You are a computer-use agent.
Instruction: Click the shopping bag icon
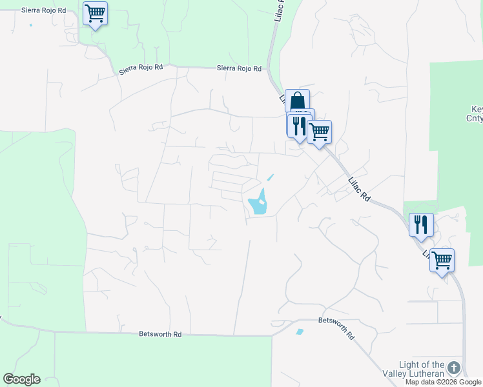pos(297,101)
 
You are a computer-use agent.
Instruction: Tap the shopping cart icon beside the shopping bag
pos(319,132)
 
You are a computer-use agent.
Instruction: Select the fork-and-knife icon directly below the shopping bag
pos(298,125)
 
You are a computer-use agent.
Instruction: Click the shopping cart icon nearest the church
pos(442,261)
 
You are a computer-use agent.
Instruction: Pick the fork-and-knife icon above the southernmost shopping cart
pos(421,224)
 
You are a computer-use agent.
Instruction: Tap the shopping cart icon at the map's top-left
pos(95,13)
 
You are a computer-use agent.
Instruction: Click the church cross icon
pos(454,368)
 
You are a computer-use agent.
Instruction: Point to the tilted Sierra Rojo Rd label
pos(140,68)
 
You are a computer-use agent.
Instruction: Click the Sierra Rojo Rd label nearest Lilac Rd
pos(239,68)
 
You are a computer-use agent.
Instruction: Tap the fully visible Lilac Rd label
pos(358,190)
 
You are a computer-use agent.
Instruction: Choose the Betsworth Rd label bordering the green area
pos(161,334)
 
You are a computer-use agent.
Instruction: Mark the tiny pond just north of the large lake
pos(271,177)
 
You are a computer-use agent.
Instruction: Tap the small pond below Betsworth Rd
pos(299,332)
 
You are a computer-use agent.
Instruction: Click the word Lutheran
pos(425,374)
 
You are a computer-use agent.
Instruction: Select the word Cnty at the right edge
pos(474,118)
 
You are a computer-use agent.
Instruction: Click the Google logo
pos(21,379)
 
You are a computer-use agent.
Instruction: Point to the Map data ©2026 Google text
pos(443,382)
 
